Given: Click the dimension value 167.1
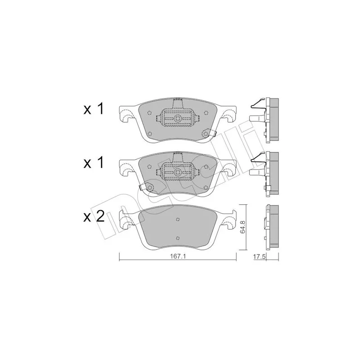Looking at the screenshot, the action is coord(178,257).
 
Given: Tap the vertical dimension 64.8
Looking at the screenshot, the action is coord(243,227).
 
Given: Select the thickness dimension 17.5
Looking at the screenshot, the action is coord(259,257).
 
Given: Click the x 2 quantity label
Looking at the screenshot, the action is coord(94,217).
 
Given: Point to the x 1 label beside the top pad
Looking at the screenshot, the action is coord(94,109).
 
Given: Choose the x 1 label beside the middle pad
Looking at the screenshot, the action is coord(94,163).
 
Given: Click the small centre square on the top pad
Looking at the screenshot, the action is coord(177,118).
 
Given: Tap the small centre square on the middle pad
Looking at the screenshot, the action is coord(177,172).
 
